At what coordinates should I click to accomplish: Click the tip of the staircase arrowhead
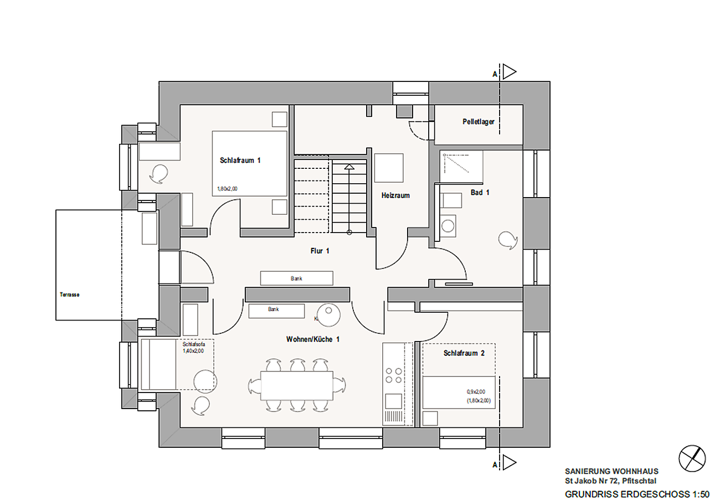(x=349, y=164)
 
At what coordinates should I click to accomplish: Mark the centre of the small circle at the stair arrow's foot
(x=349, y=233)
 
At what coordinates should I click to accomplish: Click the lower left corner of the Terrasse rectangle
(x=56, y=320)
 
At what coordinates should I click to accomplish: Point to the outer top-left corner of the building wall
(x=159, y=81)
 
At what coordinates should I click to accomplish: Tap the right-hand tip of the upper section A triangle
(x=516, y=71)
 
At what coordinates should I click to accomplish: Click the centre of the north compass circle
(x=692, y=458)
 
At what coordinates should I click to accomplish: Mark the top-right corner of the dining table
(x=333, y=371)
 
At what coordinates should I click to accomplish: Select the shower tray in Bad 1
(x=461, y=167)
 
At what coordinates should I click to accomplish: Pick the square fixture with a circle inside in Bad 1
(x=448, y=226)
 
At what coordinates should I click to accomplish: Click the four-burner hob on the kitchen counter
(x=394, y=375)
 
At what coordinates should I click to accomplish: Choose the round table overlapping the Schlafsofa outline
(x=205, y=381)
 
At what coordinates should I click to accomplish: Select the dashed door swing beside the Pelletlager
(x=419, y=131)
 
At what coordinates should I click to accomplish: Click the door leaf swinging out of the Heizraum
(x=377, y=252)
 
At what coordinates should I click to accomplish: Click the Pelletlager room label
(x=479, y=122)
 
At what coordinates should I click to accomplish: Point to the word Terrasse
(x=69, y=295)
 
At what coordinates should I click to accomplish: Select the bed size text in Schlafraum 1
(x=227, y=189)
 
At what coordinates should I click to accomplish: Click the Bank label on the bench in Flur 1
(x=296, y=278)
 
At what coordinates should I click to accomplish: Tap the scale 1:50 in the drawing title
(x=703, y=494)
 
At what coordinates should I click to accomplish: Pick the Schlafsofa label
(x=194, y=344)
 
